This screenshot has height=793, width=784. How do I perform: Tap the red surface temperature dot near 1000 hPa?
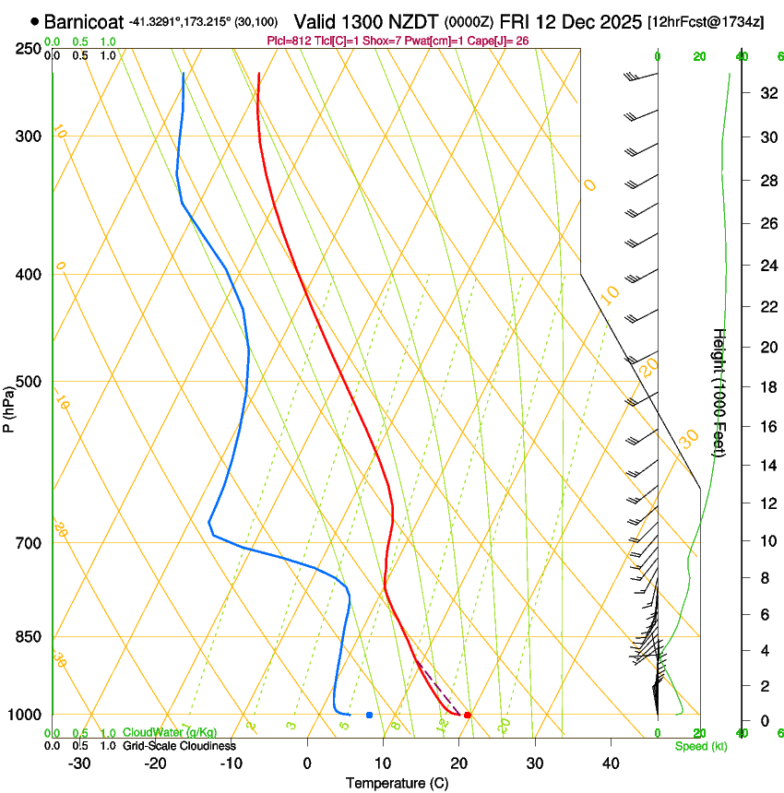tap(468, 715)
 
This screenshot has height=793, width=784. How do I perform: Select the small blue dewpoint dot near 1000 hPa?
tap(369, 715)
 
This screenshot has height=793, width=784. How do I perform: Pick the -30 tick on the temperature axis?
tap(79, 763)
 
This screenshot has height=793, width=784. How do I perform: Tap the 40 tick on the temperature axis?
tap(610, 763)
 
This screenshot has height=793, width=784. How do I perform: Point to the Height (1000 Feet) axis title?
tap(720, 392)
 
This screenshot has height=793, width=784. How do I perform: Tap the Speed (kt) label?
tap(700, 746)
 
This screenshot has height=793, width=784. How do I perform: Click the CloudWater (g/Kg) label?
tap(157, 732)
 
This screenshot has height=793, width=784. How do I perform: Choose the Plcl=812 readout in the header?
tap(288, 41)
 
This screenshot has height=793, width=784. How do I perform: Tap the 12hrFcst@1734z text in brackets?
tap(706, 21)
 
